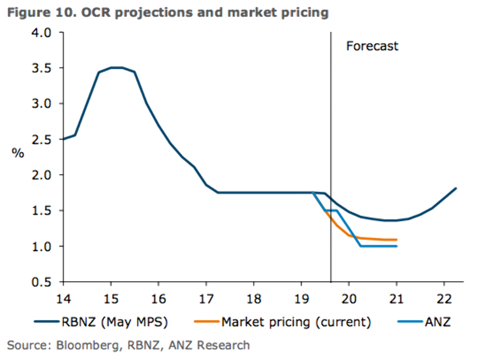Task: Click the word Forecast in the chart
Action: point(372,46)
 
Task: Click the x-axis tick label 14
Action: point(63,297)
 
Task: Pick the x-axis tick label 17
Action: point(206,297)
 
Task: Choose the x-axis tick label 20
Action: point(349,297)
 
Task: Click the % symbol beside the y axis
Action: point(17,153)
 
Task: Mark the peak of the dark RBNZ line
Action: point(115,68)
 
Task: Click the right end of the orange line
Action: point(397,240)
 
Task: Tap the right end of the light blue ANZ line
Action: point(397,246)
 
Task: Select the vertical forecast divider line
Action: point(331,157)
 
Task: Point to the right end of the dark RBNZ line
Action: point(456,188)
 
